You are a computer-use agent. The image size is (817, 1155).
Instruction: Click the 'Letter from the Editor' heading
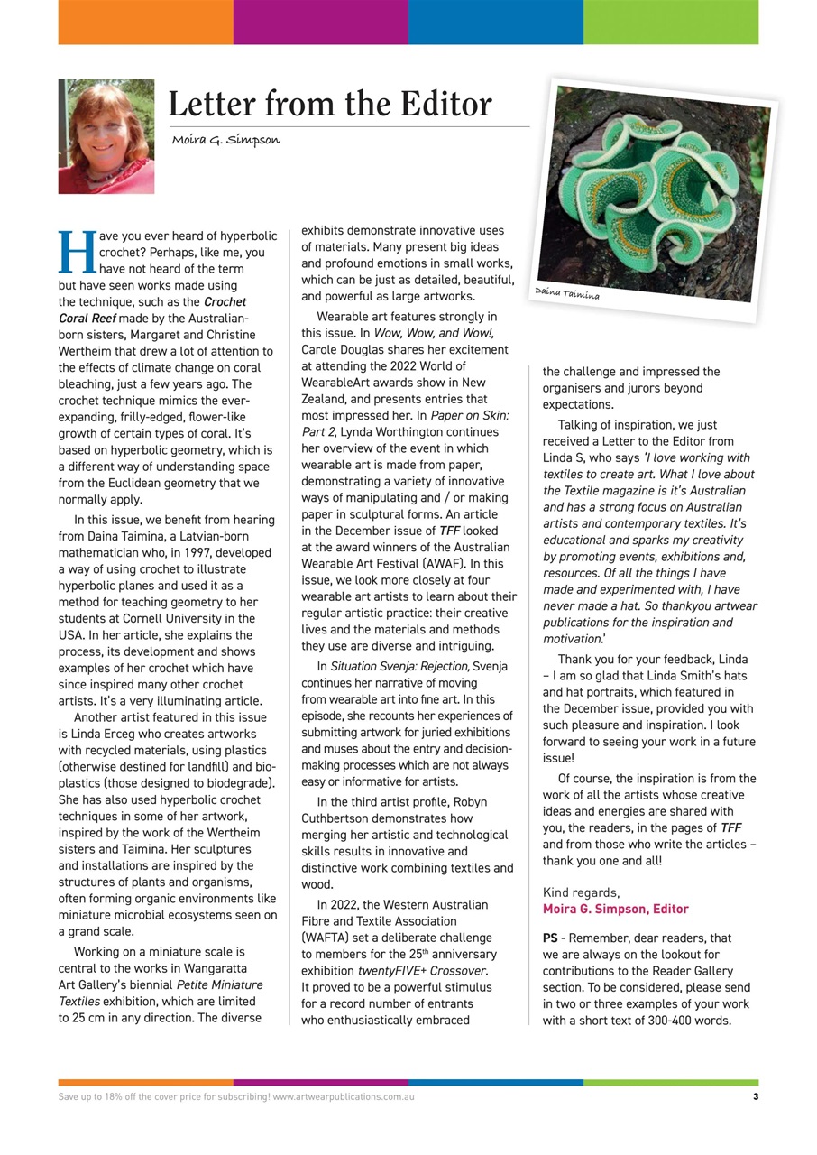pyautogui.click(x=330, y=105)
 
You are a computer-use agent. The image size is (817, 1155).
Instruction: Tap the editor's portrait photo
pyautogui.click(x=106, y=136)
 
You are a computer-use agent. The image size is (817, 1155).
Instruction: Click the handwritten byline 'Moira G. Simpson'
pyautogui.click(x=226, y=140)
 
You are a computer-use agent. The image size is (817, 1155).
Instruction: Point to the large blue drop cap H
pyautogui.click(x=76, y=252)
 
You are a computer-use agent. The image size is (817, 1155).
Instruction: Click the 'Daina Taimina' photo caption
pyautogui.click(x=566, y=293)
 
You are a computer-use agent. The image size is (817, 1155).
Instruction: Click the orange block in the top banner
pyautogui.click(x=145, y=23)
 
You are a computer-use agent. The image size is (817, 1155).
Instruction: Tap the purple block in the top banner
pyautogui.click(x=320, y=23)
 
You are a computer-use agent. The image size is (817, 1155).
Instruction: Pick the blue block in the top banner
pyautogui.click(x=495, y=23)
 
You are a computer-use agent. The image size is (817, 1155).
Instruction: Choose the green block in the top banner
pyautogui.click(x=670, y=23)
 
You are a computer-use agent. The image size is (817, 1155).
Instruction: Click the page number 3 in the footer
pyautogui.click(x=755, y=1097)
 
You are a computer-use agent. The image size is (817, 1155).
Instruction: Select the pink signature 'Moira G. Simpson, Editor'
pyautogui.click(x=615, y=909)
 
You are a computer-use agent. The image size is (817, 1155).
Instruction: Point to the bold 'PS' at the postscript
pyautogui.click(x=551, y=938)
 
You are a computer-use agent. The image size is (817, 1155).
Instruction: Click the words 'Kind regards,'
pyautogui.click(x=581, y=892)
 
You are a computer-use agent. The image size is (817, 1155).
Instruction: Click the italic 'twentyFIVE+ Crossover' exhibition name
pyautogui.click(x=422, y=971)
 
